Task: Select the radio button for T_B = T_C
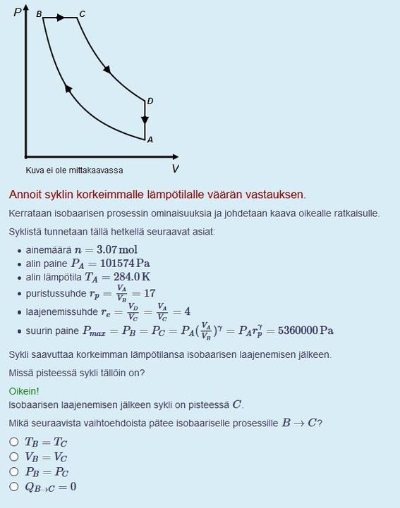coord(14,442)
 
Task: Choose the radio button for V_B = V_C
coord(14,457)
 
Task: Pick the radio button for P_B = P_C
coord(14,471)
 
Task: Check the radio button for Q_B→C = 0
coord(14,486)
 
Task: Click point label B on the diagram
coord(38,14)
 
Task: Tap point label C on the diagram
coord(82,14)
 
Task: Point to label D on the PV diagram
coord(150,101)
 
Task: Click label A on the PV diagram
coord(150,140)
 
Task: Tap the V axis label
coord(175,168)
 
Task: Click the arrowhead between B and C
coord(61,18)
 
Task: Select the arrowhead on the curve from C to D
coord(107,69)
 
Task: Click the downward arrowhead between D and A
coord(145,120)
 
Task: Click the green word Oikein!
coord(24,390)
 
